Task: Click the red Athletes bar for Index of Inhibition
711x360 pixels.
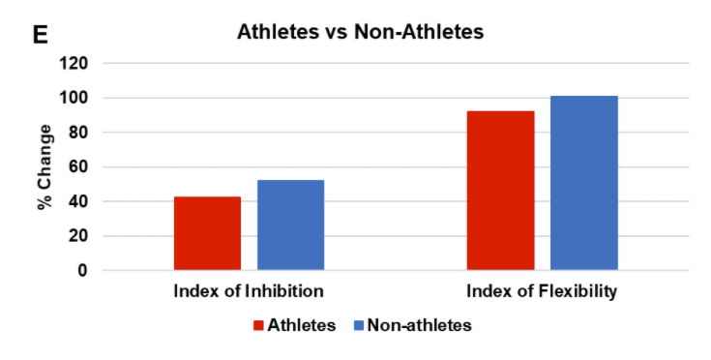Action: [x=207, y=233]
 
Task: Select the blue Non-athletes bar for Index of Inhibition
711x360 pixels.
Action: [x=290, y=225]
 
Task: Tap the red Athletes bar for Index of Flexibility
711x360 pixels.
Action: [x=500, y=191]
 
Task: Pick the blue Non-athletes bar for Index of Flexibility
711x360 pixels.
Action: [x=584, y=183]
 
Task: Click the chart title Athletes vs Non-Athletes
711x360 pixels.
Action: [x=360, y=32]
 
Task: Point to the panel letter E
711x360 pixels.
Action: [x=41, y=34]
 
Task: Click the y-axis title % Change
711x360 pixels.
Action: [x=44, y=166]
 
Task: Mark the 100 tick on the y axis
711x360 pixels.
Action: [x=74, y=98]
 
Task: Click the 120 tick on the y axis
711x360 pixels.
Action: [x=74, y=64]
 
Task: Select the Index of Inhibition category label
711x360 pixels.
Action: [x=249, y=291]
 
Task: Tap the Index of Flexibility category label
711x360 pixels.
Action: [x=542, y=291]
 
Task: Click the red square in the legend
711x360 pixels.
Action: [x=260, y=326]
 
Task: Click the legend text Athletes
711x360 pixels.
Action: [x=303, y=326]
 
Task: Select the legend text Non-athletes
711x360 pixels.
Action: [x=419, y=326]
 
